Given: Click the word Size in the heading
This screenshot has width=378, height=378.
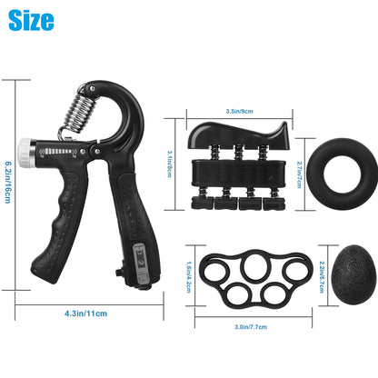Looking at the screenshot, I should (x=31, y=20).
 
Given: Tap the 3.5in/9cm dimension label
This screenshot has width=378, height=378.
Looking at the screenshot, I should (x=240, y=110).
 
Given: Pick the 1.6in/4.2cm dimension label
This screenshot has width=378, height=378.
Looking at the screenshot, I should (x=188, y=278).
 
